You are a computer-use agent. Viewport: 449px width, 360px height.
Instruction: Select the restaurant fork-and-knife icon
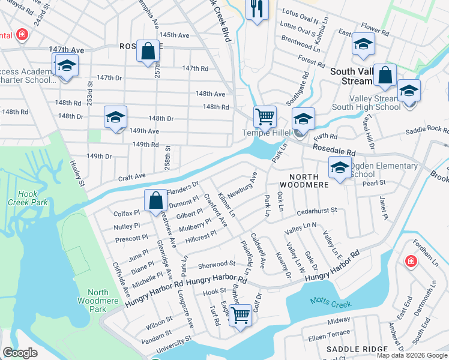257,9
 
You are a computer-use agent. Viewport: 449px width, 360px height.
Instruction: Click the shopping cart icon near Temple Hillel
265,115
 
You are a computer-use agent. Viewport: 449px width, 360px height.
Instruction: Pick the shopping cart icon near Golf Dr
241,314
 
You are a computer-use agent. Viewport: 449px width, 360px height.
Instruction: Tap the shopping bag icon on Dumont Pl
155,200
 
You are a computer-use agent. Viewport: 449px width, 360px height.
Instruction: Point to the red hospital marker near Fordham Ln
411,261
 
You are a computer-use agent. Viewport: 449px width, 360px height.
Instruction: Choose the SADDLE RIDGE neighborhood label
350,349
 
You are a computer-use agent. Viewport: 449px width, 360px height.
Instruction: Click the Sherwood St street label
216,264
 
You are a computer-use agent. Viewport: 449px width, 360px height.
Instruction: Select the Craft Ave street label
131,177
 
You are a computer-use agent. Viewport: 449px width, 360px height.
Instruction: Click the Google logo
20,353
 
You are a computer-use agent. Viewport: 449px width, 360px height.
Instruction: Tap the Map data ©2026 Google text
412,355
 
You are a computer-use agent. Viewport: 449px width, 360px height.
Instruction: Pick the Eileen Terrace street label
330,332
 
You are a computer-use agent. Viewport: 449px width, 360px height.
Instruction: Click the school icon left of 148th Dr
115,118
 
